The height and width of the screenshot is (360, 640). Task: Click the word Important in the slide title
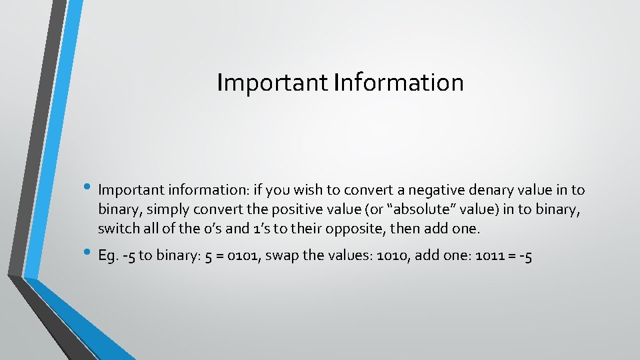272,83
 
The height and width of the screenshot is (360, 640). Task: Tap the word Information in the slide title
398,83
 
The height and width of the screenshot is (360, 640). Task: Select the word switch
118,229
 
